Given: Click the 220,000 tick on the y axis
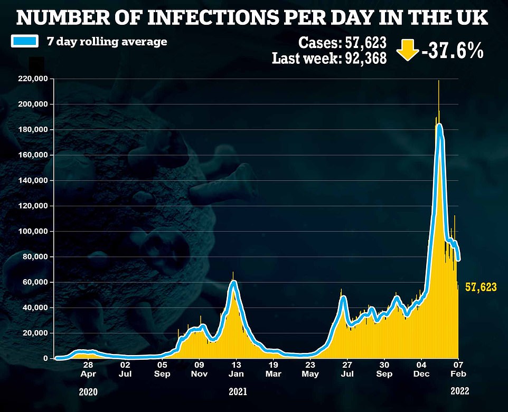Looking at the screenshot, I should point(33,79).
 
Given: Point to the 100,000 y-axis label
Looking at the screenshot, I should point(33,232).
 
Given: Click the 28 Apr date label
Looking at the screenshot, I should point(88,369).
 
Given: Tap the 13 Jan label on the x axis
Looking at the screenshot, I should point(236,369).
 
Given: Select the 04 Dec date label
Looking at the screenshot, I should point(421,369).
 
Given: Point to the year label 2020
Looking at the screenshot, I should point(88,392).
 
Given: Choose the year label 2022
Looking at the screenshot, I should point(458,392).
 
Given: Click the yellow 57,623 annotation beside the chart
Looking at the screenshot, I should point(481,287).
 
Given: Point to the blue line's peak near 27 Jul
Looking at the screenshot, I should point(343,298).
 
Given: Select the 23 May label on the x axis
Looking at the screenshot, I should point(311,369).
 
